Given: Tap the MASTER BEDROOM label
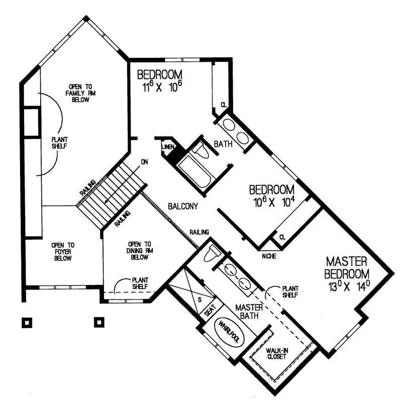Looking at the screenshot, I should (x=347, y=268).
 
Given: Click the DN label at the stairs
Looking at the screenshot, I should (x=144, y=162).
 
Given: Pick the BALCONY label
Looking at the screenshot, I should (x=182, y=206).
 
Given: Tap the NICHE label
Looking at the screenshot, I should (x=269, y=256).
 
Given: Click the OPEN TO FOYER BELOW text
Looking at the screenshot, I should (x=62, y=252).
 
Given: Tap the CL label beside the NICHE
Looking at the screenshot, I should (x=282, y=237).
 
